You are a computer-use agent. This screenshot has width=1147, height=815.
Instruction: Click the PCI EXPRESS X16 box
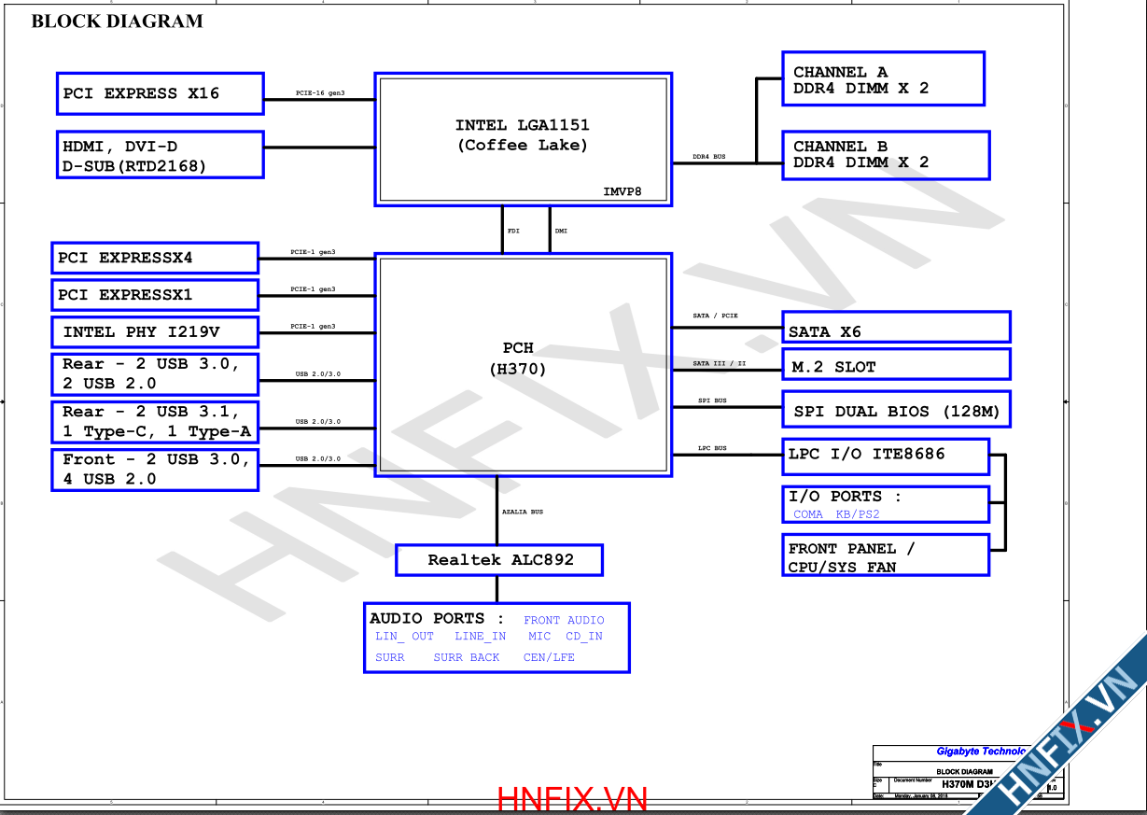point(160,93)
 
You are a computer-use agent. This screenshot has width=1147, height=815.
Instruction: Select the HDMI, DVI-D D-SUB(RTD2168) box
point(160,155)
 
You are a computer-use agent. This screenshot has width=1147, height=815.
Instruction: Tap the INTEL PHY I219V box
point(154,332)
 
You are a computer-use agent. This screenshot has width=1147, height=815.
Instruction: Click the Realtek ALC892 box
point(499,560)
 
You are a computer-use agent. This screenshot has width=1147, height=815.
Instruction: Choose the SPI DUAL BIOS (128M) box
point(895,411)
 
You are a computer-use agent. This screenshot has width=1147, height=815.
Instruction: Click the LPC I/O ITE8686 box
point(885,457)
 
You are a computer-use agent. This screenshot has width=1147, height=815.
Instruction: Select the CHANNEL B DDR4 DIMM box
point(885,155)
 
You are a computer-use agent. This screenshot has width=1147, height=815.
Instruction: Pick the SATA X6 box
point(895,328)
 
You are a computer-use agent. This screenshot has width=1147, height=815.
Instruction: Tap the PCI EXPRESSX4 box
point(154,258)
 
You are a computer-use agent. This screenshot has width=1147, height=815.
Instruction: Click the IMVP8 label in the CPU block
point(622,192)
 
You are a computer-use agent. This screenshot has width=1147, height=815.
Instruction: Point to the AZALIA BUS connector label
point(523,512)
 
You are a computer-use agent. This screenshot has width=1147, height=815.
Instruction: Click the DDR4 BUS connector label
point(708,157)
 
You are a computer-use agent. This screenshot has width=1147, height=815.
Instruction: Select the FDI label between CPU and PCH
point(513,230)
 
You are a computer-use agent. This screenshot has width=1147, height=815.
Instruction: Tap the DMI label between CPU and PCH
point(561,230)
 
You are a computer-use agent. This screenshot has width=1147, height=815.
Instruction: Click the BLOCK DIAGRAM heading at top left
point(117,21)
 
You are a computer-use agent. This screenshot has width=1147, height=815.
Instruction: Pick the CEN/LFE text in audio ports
point(549,657)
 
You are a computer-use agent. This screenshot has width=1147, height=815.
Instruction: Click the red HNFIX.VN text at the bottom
point(572,799)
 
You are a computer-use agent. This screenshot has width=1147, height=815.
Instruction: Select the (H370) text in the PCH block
point(518,369)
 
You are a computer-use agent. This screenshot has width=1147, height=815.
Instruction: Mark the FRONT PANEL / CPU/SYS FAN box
point(885,555)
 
